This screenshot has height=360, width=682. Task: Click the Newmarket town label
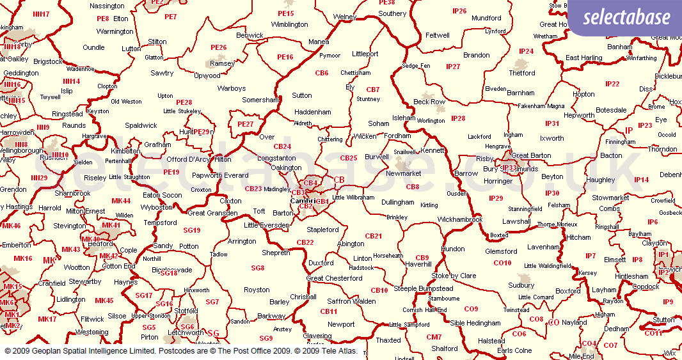[x=403, y=173]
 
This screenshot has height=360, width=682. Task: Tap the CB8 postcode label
[x=413, y=187]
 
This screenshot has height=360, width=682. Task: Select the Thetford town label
[x=522, y=73]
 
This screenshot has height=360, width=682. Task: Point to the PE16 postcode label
[x=285, y=57]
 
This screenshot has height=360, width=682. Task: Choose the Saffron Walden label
[x=352, y=301]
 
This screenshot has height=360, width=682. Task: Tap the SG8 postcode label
[x=258, y=268]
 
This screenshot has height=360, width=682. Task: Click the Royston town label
[x=257, y=290]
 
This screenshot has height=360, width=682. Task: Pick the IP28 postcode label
[x=458, y=118]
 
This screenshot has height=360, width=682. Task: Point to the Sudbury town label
[x=521, y=285]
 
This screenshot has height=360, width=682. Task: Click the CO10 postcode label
[x=502, y=263]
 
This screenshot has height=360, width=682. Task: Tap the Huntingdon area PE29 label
[x=202, y=132]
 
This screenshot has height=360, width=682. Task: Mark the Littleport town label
[x=365, y=54]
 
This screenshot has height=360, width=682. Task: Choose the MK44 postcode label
[x=121, y=201]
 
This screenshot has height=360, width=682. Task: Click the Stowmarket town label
[x=610, y=198]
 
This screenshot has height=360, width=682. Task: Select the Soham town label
[x=378, y=123]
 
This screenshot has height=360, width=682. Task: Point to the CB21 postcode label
[x=373, y=236]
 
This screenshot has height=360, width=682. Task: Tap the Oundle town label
[x=93, y=47]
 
